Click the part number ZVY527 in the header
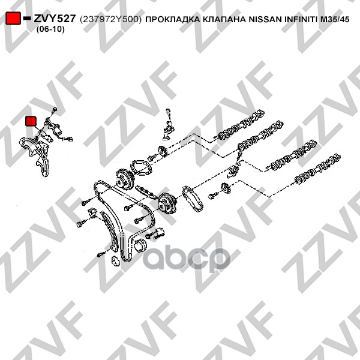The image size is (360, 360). pos(55,19)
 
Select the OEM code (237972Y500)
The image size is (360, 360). pos(111,19)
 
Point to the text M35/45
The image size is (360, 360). pos(335,20)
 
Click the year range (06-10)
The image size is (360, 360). pos(50,29)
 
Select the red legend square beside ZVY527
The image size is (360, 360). pos(13,18)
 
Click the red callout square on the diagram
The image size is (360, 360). pos(31,121)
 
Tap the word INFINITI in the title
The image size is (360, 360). pos(301,20)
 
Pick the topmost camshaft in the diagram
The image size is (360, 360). pos(241,125)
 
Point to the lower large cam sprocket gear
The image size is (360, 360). pos(167,203)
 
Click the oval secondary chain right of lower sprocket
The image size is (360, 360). pos(193,199)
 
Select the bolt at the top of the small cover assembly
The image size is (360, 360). pos(55,110)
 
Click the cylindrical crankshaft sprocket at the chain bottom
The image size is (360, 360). pos(140,245)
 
